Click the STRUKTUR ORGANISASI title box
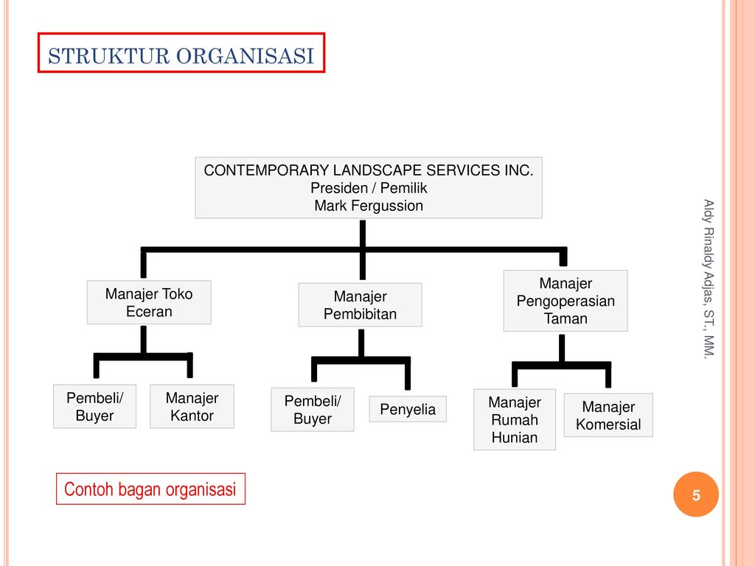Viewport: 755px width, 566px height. (x=181, y=53)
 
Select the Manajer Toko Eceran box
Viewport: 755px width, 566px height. (x=149, y=303)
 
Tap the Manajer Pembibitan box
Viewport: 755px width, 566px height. (x=360, y=305)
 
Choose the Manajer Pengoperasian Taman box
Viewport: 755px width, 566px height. (x=566, y=301)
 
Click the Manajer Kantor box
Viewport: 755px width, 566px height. (x=192, y=407)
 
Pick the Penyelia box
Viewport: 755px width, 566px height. (x=408, y=410)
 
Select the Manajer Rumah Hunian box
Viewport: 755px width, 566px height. (x=515, y=419)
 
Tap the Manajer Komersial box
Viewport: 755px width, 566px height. (x=608, y=416)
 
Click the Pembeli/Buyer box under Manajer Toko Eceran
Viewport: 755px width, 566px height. (x=94, y=407)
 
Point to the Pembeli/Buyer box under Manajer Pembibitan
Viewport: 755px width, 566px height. (x=313, y=410)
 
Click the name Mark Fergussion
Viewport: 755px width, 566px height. (x=369, y=206)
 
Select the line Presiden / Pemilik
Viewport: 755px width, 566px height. (x=369, y=188)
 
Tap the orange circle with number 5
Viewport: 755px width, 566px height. (x=695, y=495)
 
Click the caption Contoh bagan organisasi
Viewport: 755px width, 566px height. (x=150, y=489)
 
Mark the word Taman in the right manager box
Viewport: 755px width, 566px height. (x=566, y=318)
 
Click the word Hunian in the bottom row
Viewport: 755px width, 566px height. (x=515, y=438)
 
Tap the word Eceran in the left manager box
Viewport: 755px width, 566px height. (x=149, y=312)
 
